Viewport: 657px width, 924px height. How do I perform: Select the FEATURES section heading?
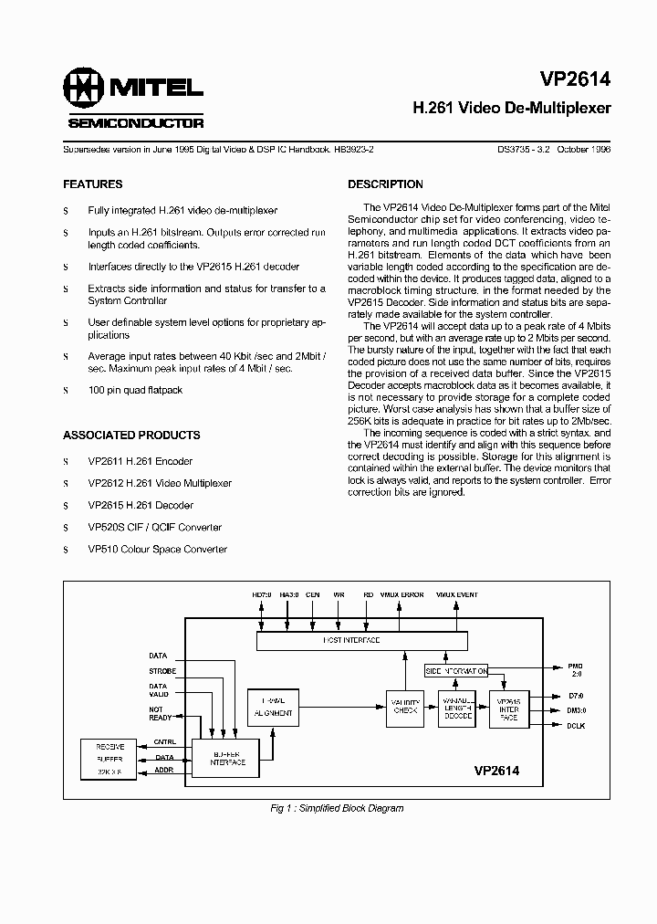pos(92,184)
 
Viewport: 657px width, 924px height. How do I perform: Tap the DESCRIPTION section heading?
pos(385,184)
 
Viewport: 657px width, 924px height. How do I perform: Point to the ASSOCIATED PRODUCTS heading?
pos(131,436)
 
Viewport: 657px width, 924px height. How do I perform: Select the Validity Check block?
pos(405,709)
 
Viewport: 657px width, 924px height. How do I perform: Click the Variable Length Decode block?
pos(457,709)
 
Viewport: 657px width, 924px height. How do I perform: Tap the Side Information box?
pos(456,671)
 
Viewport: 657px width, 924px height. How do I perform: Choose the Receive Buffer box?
pos(110,759)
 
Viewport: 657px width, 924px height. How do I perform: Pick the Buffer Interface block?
pos(225,758)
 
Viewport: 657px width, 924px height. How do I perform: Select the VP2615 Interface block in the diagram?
pos(508,709)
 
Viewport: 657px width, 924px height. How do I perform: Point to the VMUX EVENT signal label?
pos(456,594)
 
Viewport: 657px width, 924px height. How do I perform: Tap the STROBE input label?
pos(162,671)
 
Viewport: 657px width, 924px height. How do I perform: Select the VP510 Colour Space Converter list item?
pos(157,549)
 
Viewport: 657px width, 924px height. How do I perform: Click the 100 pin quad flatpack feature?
pos(135,390)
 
